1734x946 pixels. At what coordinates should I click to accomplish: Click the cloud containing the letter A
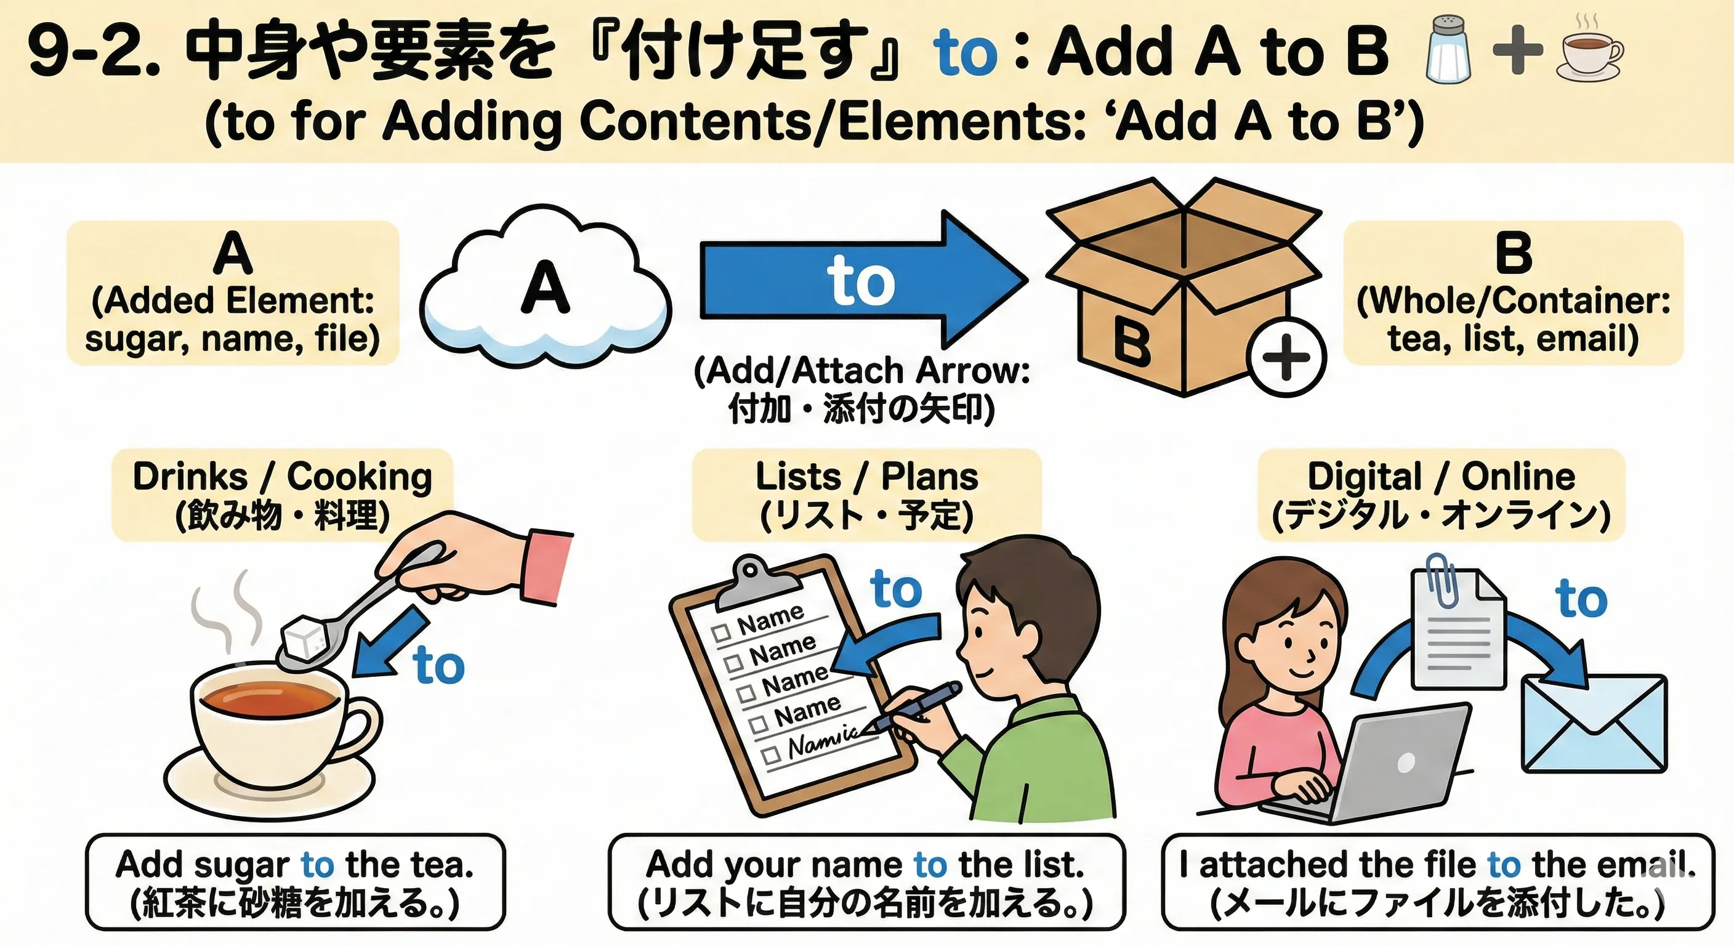point(545,288)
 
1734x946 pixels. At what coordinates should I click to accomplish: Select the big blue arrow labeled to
point(864,280)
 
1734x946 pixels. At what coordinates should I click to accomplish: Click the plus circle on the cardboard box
point(1286,356)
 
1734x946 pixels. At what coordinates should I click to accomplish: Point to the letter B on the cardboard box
point(1132,341)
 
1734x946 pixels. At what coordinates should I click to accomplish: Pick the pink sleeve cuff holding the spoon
point(547,568)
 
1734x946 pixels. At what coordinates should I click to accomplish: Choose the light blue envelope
point(1594,722)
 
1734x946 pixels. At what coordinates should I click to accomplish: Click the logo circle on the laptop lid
point(1406,763)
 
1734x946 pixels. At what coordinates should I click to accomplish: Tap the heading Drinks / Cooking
point(282,477)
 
